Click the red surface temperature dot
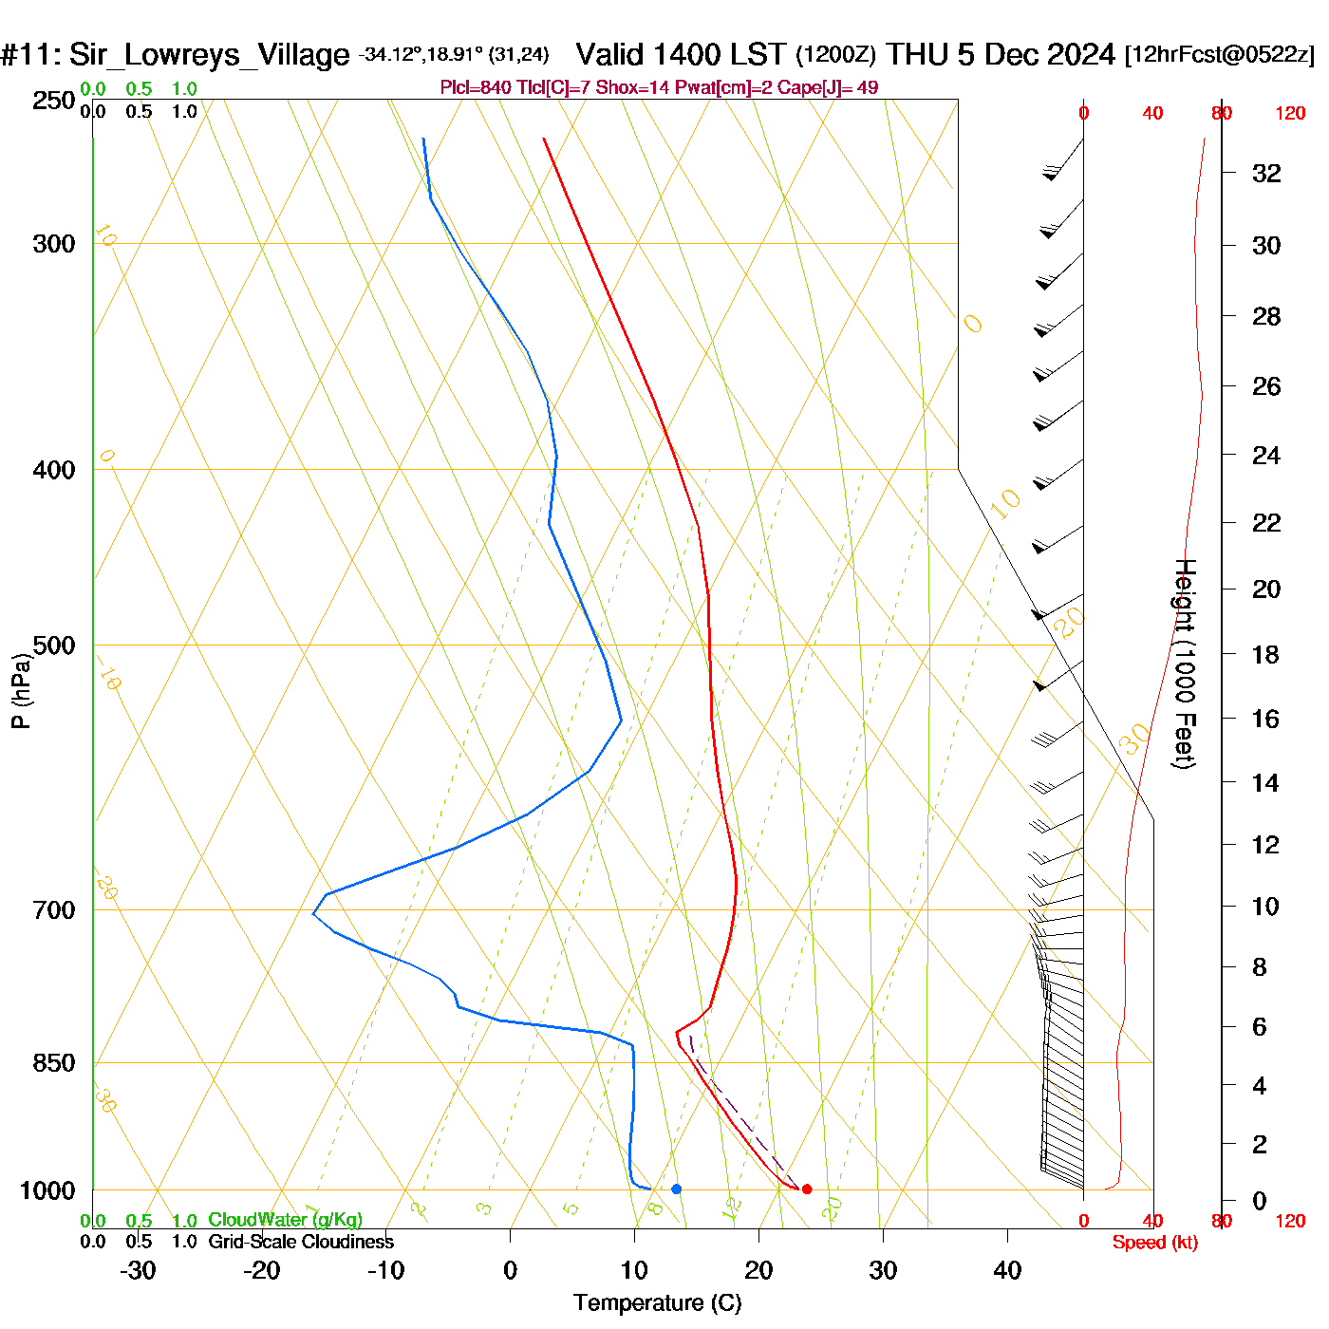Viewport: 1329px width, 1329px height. tap(807, 1189)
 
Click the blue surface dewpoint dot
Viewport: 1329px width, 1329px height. tap(676, 1189)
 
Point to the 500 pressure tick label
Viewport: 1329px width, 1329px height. tap(54, 646)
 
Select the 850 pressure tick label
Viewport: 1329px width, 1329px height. tap(54, 1063)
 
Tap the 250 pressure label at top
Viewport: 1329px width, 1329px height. tap(54, 101)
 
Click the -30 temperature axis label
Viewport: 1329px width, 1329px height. tap(138, 1270)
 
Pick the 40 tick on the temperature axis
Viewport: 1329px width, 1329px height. tap(1007, 1270)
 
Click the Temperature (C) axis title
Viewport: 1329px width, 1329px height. tap(657, 1303)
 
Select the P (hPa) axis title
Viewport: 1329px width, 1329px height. tap(21, 691)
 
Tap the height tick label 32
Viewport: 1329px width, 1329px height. tap(1266, 174)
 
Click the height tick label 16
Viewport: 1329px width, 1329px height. tap(1265, 719)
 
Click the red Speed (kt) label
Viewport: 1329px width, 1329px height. tap(1154, 1243)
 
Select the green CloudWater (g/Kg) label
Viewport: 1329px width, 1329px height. tap(285, 1220)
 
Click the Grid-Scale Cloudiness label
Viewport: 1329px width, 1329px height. tap(301, 1242)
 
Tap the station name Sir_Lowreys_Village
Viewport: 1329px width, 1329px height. tap(209, 55)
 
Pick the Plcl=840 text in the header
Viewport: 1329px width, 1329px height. tap(476, 88)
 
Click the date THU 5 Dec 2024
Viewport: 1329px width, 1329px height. tap(1001, 55)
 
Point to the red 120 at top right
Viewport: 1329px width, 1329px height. tap(1290, 114)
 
